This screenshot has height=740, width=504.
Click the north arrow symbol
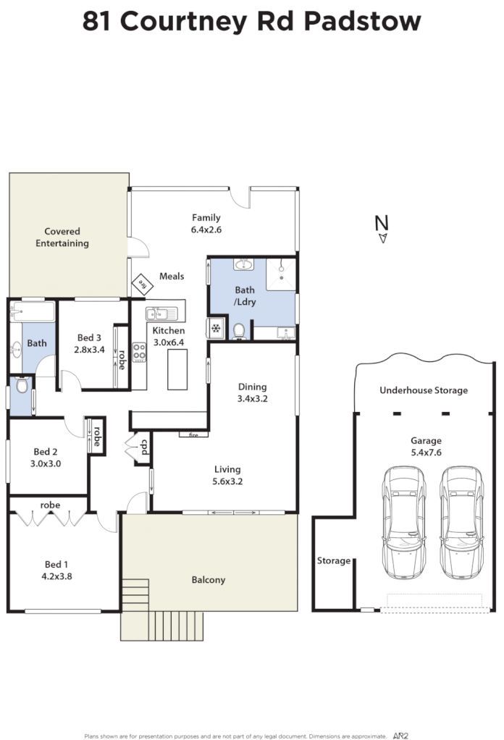click(382, 236)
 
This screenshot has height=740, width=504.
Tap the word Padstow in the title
click(361, 21)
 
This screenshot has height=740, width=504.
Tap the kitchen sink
click(161, 314)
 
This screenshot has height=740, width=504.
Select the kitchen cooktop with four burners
click(139, 352)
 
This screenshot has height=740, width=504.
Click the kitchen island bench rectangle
click(177, 369)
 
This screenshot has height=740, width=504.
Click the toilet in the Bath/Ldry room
click(239, 331)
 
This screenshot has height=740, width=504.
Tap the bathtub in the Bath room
click(32, 312)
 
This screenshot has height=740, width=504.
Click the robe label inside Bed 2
click(96, 436)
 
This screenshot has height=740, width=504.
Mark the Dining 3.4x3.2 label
click(252, 392)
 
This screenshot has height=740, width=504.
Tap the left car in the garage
click(405, 519)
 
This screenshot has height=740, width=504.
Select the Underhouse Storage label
click(424, 390)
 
